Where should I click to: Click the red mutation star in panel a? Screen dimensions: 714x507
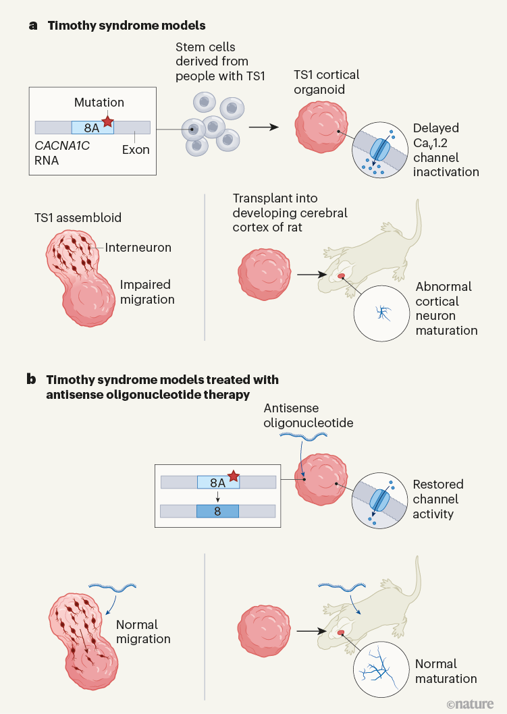coord(107,120)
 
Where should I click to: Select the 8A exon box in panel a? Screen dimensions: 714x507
coord(92,127)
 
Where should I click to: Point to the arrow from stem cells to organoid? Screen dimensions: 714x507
coord(263,126)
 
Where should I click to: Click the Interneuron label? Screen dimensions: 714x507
coord(138,248)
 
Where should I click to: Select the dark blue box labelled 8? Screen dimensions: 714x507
coord(217,510)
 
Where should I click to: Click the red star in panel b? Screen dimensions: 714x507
coord(234,478)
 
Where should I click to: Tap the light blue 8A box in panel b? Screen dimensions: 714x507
coord(217,482)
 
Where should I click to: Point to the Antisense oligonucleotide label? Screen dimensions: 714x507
coord(309,416)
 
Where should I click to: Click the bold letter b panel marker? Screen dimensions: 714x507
coord(31,379)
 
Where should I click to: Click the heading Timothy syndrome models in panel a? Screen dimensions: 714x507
coord(126,26)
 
